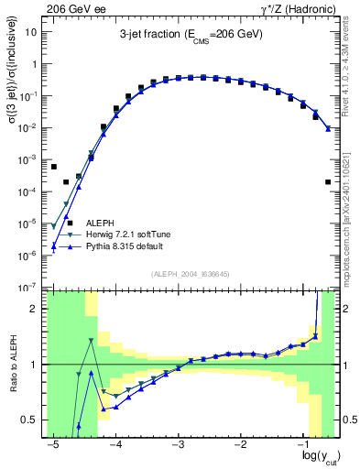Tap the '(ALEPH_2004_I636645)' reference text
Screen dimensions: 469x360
[x=190, y=273]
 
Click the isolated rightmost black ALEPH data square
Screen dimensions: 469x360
[x=328, y=182]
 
